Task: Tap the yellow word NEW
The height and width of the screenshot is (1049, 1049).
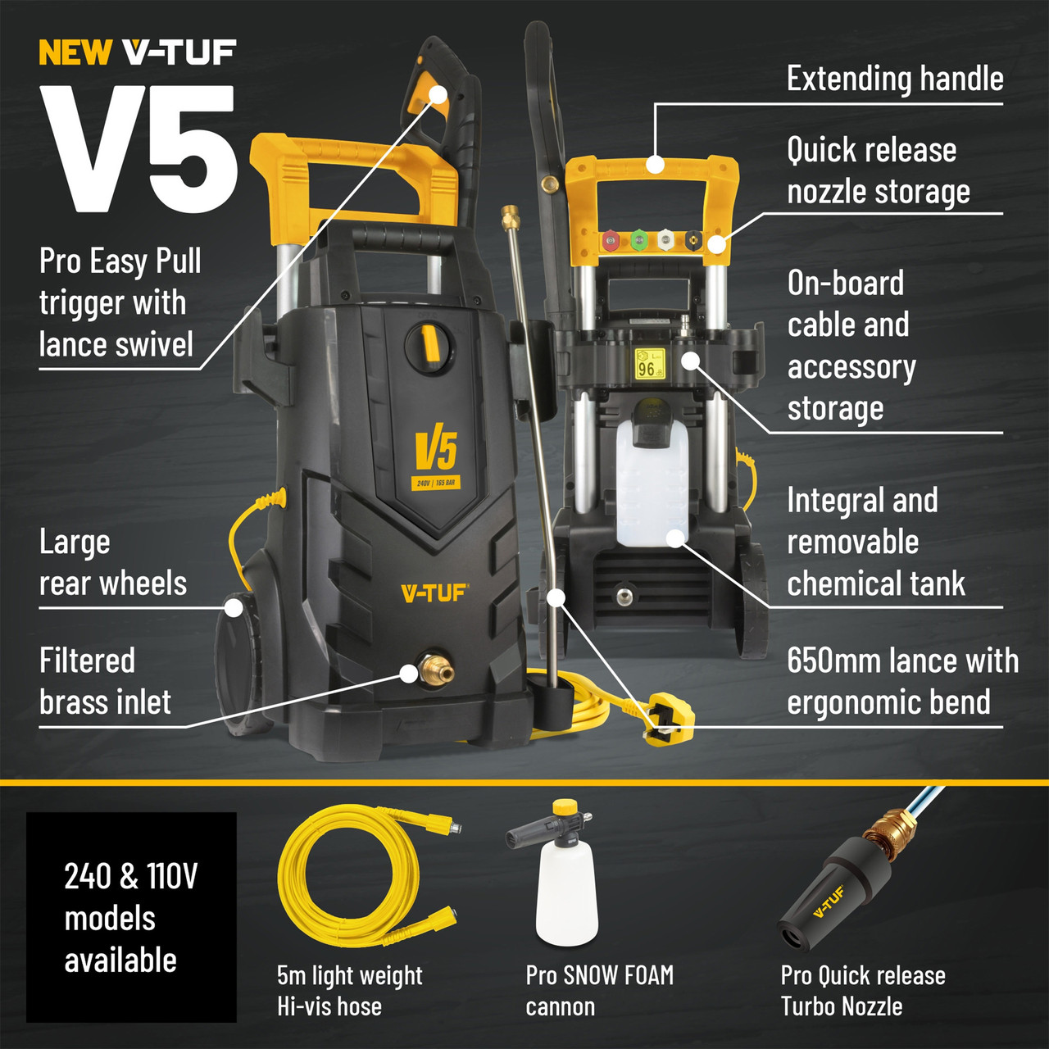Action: (75, 53)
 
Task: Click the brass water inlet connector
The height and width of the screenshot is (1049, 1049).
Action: (435, 670)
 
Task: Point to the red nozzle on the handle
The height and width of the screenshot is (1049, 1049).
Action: (611, 241)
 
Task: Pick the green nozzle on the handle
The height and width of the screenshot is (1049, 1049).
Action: (638, 241)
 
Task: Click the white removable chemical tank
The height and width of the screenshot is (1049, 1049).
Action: (652, 484)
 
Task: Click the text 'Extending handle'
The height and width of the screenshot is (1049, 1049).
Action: (895, 79)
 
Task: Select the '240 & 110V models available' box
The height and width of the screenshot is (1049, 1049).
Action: (131, 917)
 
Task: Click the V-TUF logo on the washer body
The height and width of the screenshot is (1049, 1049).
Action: (434, 593)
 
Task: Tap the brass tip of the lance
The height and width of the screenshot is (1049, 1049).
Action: (511, 217)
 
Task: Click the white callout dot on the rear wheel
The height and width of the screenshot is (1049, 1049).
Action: (234, 608)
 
